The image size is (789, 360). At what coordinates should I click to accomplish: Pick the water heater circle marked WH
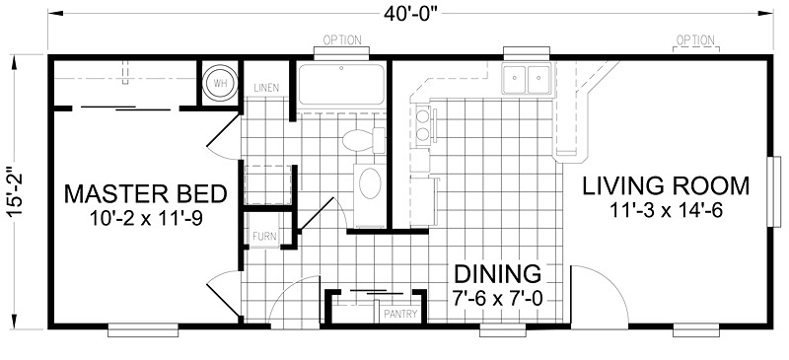[x=217, y=83]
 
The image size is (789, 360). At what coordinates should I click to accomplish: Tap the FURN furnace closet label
[x=264, y=237]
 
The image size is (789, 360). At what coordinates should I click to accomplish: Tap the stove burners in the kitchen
[x=422, y=124]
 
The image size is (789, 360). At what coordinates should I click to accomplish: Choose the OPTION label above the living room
[x=694, y=40]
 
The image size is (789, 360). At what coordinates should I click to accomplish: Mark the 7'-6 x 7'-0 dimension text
[x=497, y=296]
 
